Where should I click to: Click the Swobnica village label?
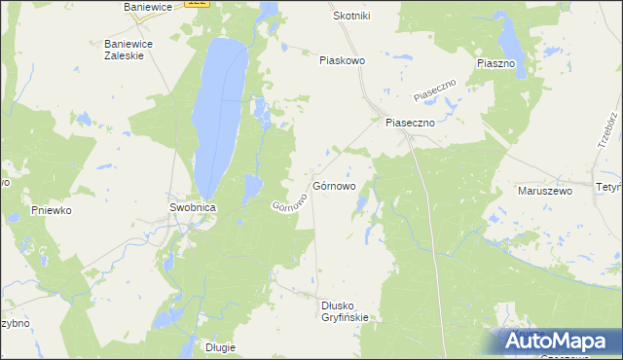[192, 207]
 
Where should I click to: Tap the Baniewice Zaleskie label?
[124, 50]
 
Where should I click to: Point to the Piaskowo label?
[342, 60]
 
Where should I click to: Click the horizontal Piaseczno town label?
[409, 123]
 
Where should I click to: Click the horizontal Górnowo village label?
[335, 185]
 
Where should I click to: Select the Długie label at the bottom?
[222, 347]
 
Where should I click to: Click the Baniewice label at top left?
[148, 7]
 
